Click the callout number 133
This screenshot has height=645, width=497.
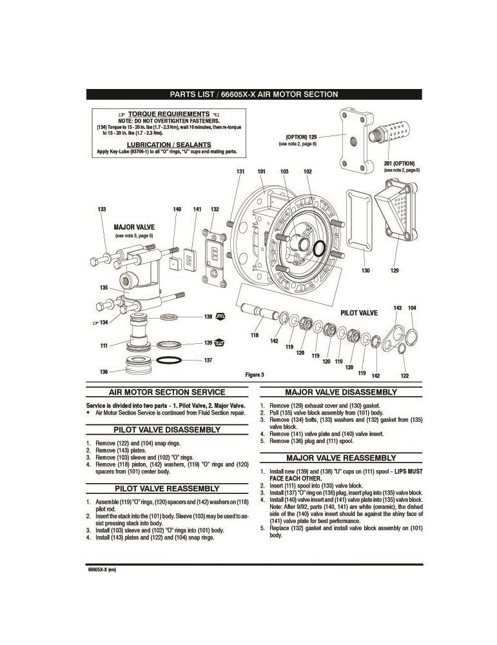tap(102, 210)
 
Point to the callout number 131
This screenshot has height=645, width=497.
tap(240, 172)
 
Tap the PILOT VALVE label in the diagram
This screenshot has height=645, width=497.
tap(359, 312)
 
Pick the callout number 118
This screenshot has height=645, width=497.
tap(255, 335)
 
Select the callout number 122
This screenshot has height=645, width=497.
tap(404, 375)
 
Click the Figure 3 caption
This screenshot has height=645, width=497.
tap(255, 375)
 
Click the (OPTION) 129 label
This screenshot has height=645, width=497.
tap(301, 137)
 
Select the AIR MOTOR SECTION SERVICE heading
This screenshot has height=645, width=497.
tap(167, 392)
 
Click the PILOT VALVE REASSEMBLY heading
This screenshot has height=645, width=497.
tap(167, 488)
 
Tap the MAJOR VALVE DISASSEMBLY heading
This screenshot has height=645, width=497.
tap(341, 392)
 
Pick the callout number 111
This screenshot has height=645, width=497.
tap(103, 346)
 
